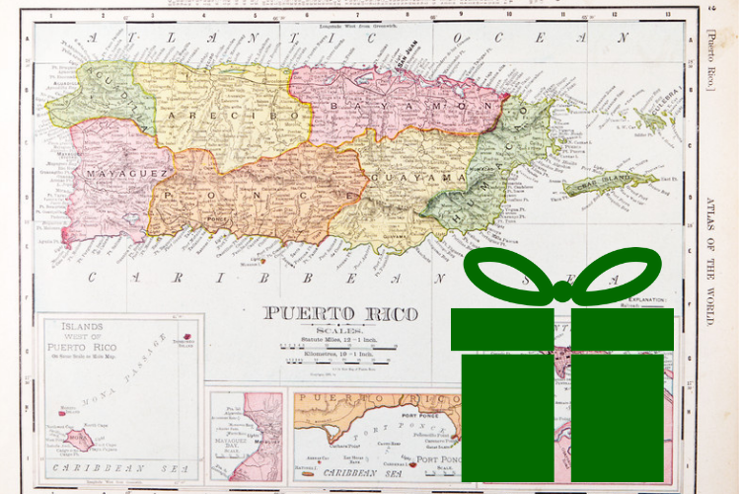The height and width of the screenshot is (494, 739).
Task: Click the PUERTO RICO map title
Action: [x=340, y=314]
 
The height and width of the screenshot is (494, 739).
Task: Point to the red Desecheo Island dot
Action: [x=185, y=334]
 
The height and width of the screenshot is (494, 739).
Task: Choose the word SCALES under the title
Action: [x=337, y=330]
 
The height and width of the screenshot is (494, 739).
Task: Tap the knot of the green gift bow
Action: [x=561, y=291]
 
